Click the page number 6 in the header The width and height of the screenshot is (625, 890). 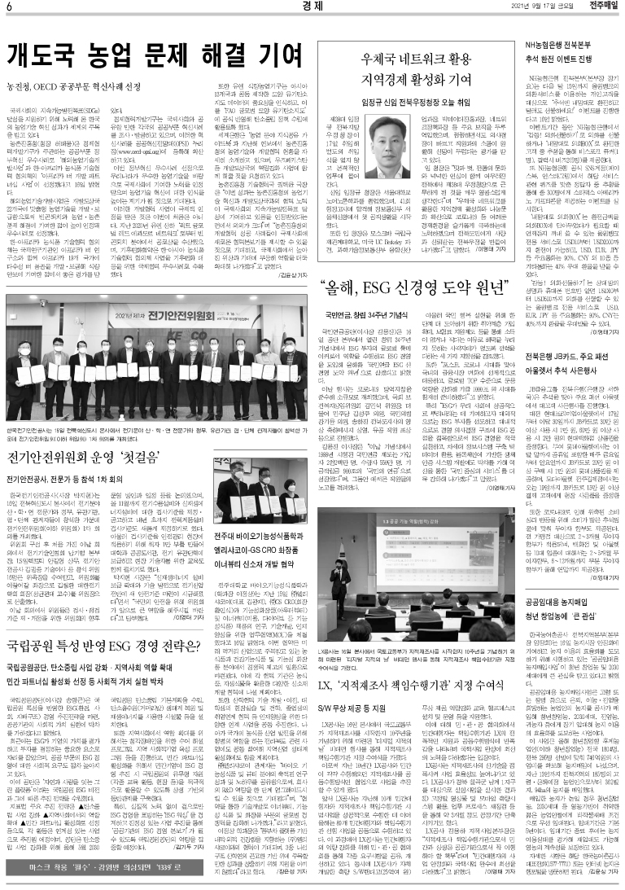(8, 8)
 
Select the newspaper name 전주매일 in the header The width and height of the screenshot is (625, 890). (601, 8)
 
